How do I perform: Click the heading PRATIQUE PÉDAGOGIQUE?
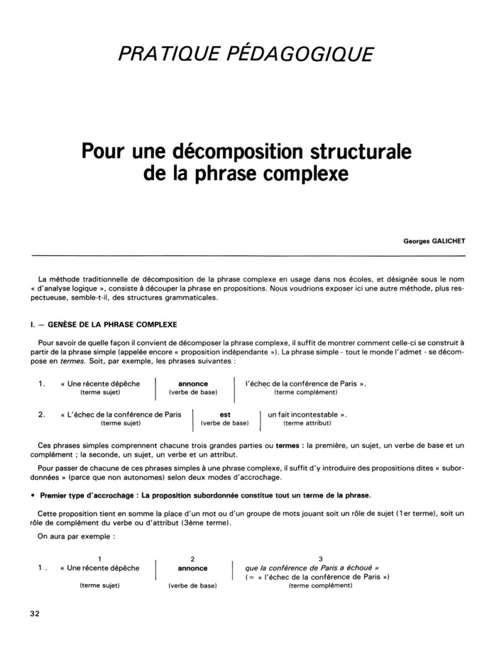(245, 53)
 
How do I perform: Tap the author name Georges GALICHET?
(434, 240)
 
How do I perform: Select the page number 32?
(35, 613)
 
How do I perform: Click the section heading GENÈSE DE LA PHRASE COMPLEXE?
(104, 325)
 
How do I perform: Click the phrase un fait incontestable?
(302, 414)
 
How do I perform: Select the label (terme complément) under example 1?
(305, 392)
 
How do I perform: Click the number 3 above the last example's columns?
(321, 559)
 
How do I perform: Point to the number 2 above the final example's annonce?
(192, 559)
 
